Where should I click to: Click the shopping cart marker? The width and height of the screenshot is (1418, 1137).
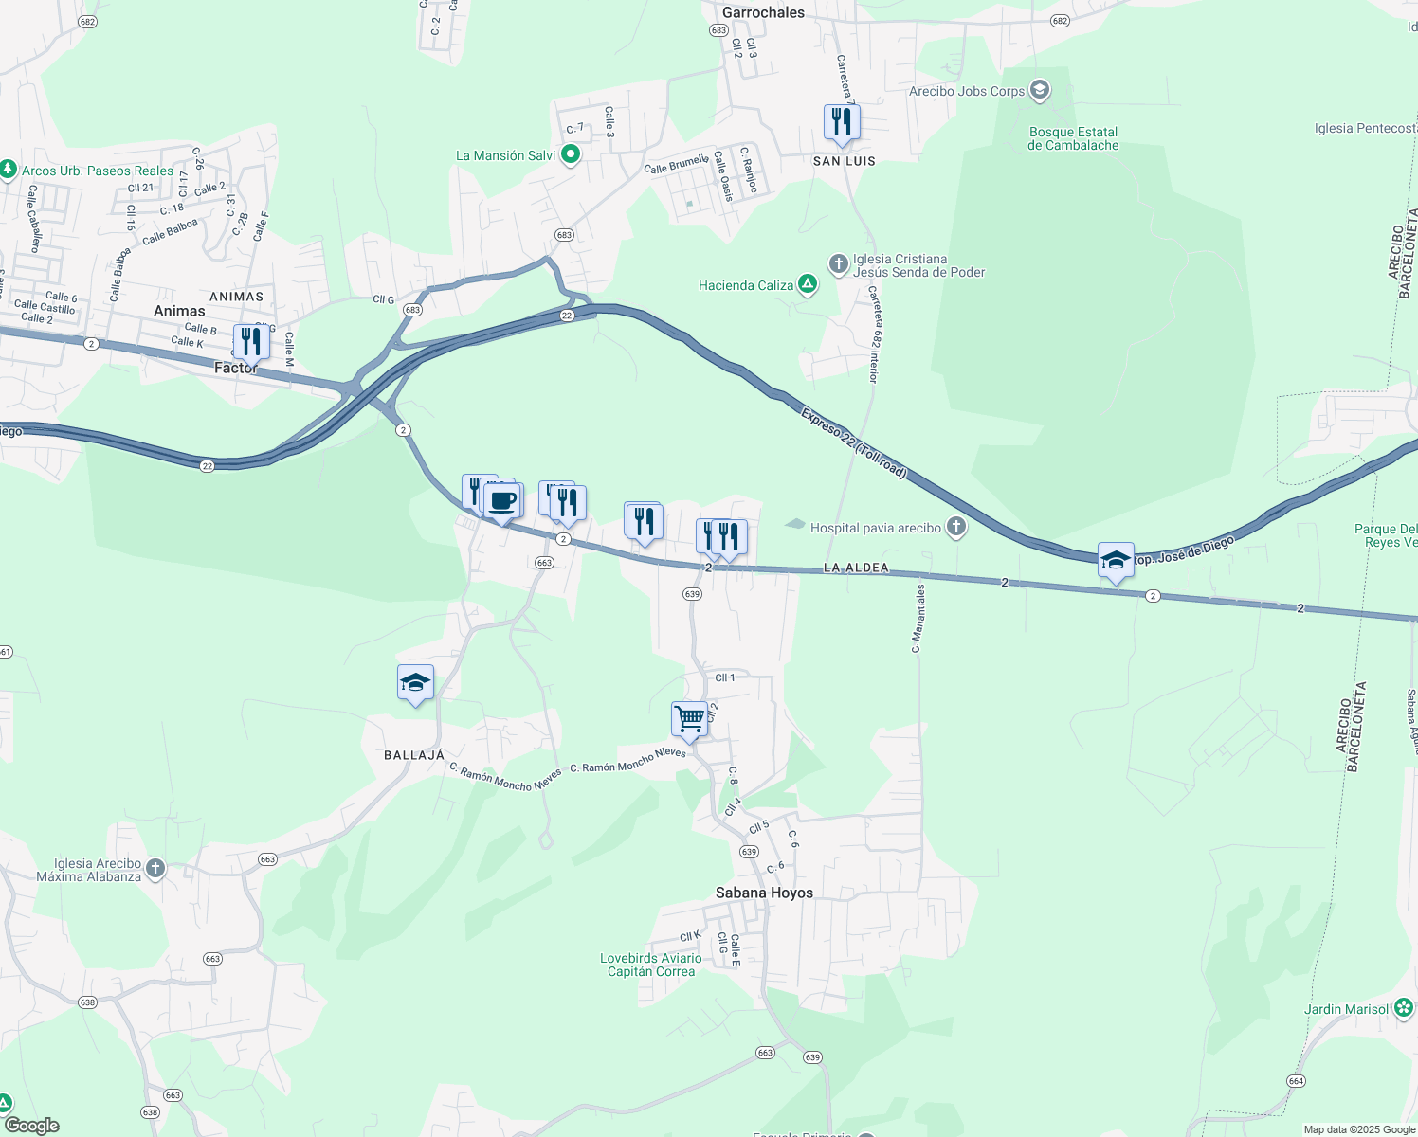point(690,718)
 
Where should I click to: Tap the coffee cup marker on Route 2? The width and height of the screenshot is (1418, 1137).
point(503,500)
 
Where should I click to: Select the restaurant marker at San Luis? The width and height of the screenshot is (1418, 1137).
point(842,122)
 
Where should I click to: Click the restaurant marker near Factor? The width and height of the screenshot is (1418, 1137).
point(251,341)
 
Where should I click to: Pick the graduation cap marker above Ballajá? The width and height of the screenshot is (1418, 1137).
point(415,682)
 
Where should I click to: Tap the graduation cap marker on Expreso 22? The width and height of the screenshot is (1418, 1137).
point(1116,560)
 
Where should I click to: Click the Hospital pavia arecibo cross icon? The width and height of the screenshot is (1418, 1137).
point(956,528)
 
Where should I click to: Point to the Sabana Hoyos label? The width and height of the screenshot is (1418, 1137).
point(764,893)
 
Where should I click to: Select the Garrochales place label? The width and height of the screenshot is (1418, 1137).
point(763,12)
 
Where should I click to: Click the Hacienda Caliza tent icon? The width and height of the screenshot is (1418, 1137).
point(807,284)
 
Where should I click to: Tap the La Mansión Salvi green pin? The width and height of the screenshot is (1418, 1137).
point(571,154)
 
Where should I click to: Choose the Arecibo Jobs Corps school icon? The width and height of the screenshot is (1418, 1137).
point(1040,91)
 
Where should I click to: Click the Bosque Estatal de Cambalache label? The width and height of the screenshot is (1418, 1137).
point(1073,138)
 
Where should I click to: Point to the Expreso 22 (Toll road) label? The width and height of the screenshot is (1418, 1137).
point(853,442)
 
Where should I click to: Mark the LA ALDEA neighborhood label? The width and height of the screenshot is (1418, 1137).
point(856,568)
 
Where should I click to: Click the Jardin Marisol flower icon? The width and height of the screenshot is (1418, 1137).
point(1404,1008)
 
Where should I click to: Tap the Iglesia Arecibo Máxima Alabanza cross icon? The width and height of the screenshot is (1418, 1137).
point(155,869)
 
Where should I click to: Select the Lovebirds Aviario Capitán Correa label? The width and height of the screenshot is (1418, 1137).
point(651,965)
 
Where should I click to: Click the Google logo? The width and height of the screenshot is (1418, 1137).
point(31,1125)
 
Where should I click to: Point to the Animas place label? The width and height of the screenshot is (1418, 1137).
point(179,311)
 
